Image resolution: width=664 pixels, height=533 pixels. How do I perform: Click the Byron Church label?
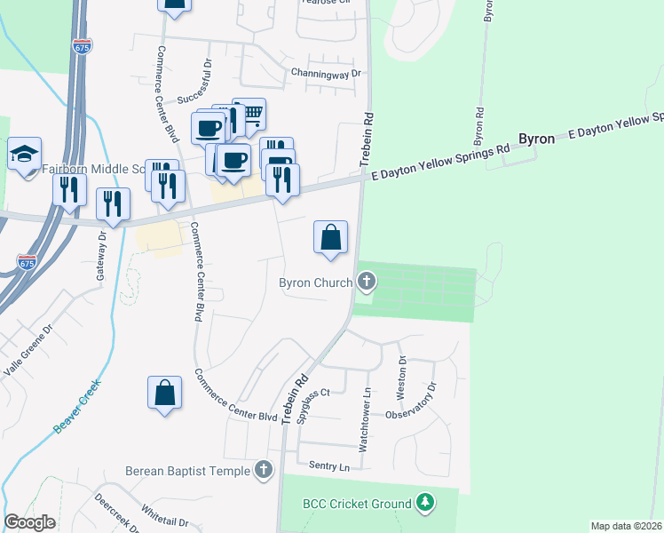coord(315,283)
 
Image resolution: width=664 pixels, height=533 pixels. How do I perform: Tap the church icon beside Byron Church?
coord(367,283)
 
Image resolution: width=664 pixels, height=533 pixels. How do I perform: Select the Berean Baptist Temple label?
coord(187,470)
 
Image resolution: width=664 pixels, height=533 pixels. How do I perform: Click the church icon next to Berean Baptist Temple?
coord(263,470)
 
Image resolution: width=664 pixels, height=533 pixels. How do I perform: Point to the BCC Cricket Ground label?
coord(357,504)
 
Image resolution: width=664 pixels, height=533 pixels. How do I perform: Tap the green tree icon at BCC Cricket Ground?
coord(426,504)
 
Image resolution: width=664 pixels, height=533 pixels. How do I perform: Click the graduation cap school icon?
coord(25,154)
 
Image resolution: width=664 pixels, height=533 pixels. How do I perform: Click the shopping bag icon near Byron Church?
coord(330,237)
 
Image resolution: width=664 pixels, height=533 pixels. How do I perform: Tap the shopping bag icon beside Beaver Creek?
coord(164,393)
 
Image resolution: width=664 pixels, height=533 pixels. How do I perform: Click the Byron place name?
coord(536,139)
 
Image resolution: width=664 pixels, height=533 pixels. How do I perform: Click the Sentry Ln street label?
coord(330,466)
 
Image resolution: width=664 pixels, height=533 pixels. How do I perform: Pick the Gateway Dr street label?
coord(102,254)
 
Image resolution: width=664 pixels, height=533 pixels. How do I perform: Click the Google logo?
coord(30,522)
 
